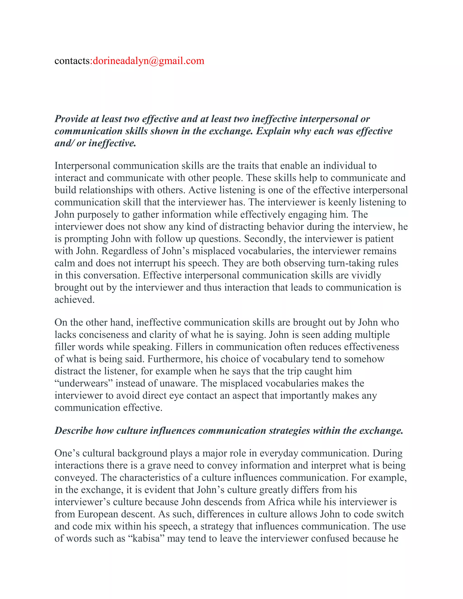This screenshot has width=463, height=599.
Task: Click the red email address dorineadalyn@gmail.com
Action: point(148,61)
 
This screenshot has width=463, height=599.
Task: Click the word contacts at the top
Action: point(72,61)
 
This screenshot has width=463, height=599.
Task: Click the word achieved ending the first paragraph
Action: point(74,299)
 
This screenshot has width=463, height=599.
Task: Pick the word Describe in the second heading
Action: point(73,431)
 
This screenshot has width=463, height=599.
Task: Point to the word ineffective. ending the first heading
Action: point(112,143)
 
